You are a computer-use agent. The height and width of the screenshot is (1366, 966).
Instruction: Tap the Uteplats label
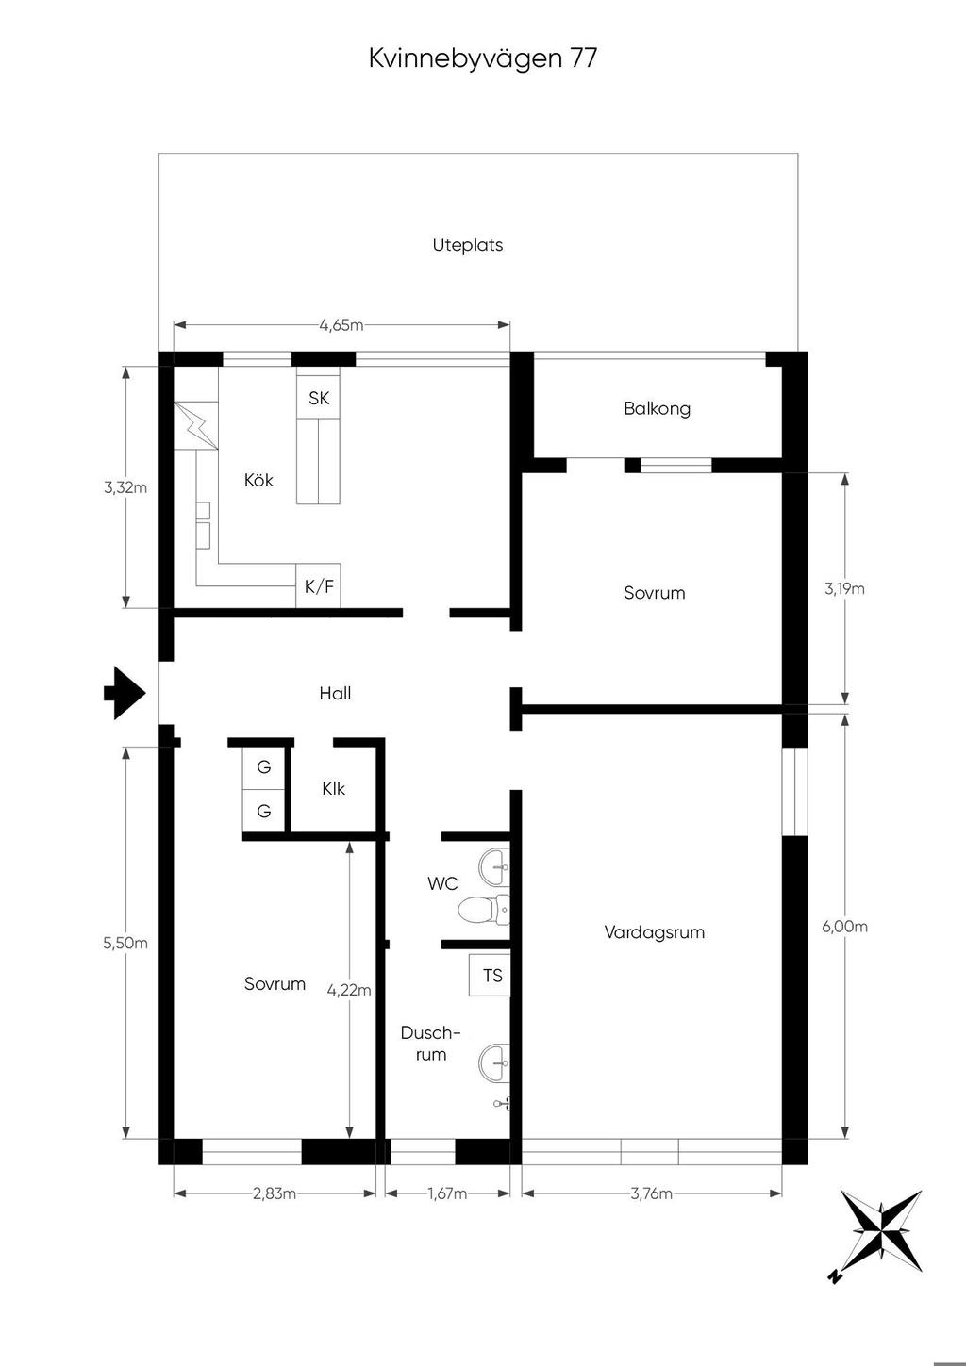pos(468,245)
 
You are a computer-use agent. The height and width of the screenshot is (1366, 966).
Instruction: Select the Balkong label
pos(657,408)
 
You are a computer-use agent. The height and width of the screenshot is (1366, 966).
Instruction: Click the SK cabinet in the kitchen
pos(319,398)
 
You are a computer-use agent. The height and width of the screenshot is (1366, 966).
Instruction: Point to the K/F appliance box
pos(319,586)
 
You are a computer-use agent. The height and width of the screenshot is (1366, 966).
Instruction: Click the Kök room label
pos(258,481)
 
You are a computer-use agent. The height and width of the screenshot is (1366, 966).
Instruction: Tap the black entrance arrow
pos(125,693)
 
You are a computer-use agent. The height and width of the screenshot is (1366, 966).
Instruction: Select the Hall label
pos(335,693)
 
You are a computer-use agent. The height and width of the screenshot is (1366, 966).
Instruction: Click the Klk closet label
pos(334,789)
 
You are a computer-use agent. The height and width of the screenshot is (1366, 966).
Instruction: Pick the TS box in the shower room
pos(490,976)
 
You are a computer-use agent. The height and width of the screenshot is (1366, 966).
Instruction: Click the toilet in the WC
pos(483,912)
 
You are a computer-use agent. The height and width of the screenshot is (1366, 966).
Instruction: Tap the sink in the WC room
pos(494,866)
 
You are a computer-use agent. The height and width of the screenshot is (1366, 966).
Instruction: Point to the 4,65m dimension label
pos(341,325)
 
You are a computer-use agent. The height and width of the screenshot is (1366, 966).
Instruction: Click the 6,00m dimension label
pos(844,927)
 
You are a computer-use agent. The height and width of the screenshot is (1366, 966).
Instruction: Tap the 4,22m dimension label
pos(349,991)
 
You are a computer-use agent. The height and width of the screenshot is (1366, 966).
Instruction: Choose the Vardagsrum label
pos(654,932)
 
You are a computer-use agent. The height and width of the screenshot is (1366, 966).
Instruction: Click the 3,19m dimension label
pos(844,589)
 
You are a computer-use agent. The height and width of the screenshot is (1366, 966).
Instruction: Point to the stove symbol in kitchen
pos(196,426)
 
